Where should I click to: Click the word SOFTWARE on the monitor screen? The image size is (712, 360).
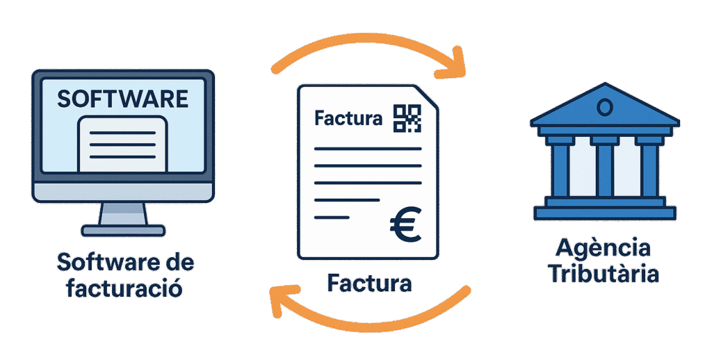(x=122, y=98)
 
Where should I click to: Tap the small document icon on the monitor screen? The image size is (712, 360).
(x=122, y=142)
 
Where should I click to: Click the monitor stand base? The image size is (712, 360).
(x=123, y=229)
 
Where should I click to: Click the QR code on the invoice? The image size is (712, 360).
(x=407, y=117)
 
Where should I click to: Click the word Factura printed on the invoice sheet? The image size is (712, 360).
(x=348, y=118)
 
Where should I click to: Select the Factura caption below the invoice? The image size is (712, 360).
(x=369, y=284)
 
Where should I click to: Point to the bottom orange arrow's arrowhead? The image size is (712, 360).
(x=280, y=298)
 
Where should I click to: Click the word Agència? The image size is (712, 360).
(x=604, y=248)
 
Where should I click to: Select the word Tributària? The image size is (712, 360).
(x=604, y=273)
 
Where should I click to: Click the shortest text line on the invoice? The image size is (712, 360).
(x=332, y=217)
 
